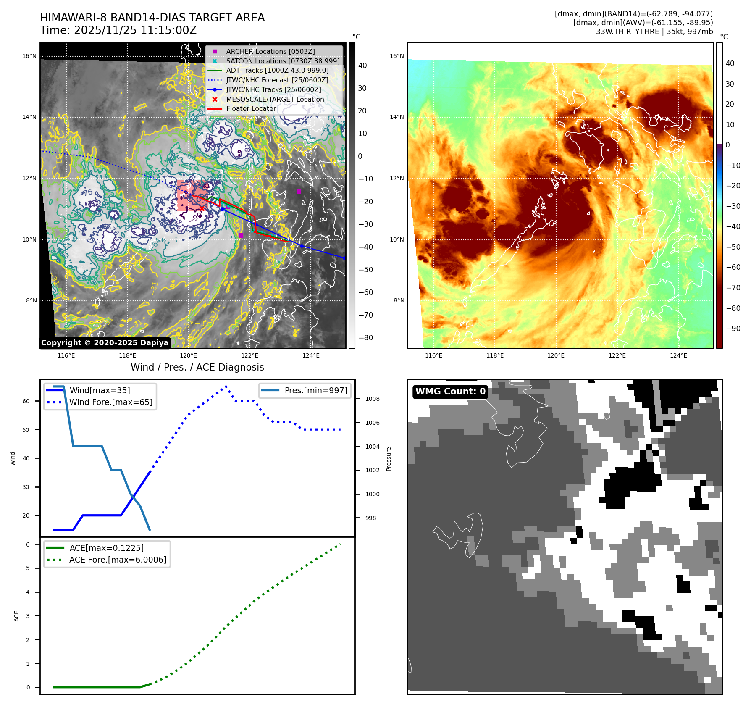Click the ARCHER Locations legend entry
click(x=270, y=51)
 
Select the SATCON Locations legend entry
click(x=282, y=61)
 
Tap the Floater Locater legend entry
click(x=251, y=108)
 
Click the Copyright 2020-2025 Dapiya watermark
click(x=105, y=343)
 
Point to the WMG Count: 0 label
click(x=450, y=392)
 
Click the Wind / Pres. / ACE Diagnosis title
click(x=197, y=367)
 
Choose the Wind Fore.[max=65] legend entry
click(x=111, y=402)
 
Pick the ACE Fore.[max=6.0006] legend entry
click(x=118, y=560)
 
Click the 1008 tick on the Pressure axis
click(x=372, y=399)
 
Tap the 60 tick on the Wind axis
click(x=26, y=401)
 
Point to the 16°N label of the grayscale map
click(x=29, y=56)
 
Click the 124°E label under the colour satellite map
click(x=678, y=355)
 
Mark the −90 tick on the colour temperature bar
click(x=733, y=329)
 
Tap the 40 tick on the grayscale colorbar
click(x=362, y=66)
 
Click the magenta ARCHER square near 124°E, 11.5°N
click(x=299, y=192)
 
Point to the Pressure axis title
click(x=389, y=459)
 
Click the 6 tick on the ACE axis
click(x=28, y=544)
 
